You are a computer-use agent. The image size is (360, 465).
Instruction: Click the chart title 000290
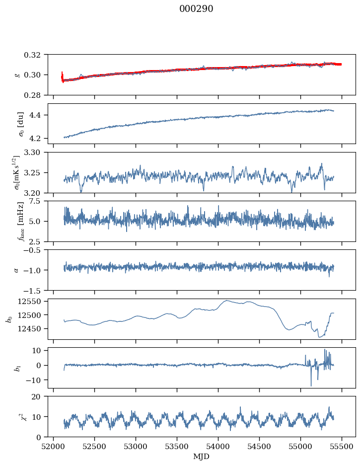tap(196, 8)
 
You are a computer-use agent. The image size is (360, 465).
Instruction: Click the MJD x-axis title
tap(202, 457)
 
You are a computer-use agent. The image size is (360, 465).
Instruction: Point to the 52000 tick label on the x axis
tap(53, 447)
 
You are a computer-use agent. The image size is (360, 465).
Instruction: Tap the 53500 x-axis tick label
tap(177, 447)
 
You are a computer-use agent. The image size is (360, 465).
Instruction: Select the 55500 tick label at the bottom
tap(342, 447)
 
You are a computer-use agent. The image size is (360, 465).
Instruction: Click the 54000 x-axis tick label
tap(218, 447)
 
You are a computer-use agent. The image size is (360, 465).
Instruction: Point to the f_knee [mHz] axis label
tap(21, 221)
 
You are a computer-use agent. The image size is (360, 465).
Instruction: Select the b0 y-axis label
tap(10, 319)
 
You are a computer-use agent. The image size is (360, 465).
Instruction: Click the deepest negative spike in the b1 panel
tap(311, 386)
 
